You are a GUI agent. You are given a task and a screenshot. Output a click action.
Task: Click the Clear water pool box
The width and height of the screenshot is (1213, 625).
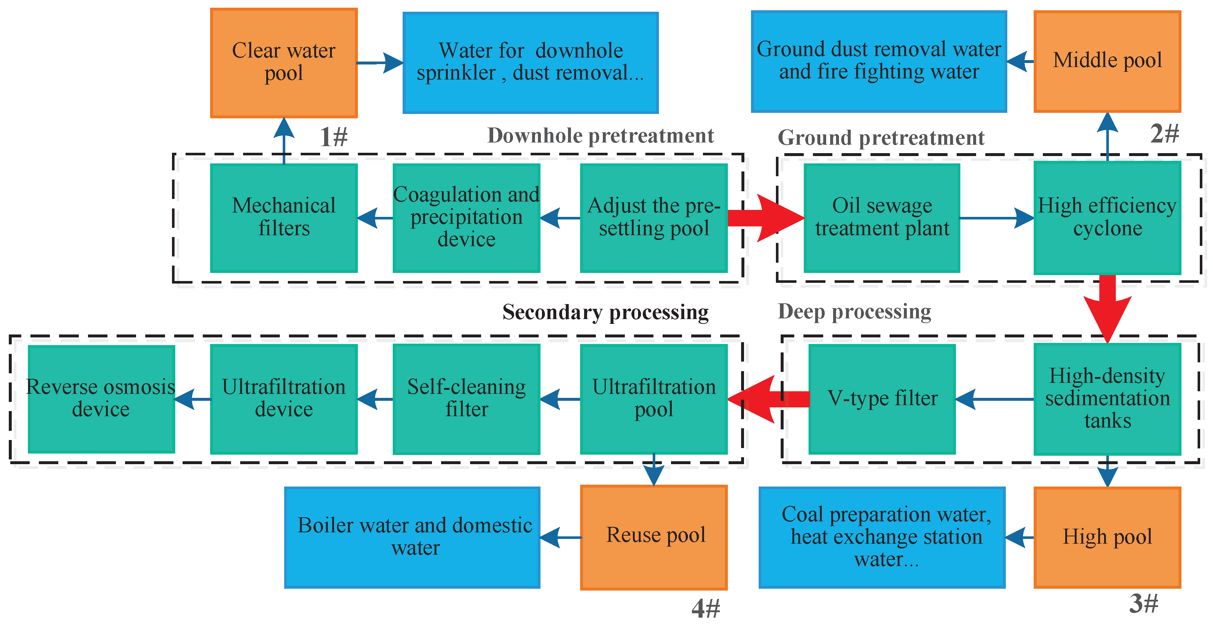283,63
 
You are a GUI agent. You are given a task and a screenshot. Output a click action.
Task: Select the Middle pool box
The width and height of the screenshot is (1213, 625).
1107,62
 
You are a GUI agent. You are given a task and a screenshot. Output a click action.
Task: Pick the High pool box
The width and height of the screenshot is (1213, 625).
1107,537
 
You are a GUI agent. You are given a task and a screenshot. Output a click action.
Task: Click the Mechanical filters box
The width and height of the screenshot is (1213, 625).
283,218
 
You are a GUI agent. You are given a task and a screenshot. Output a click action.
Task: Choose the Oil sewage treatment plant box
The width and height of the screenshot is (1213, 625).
882,218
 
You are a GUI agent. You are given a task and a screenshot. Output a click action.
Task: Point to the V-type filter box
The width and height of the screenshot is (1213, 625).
882,399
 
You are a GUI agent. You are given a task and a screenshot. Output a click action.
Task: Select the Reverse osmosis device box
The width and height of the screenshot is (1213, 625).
101,399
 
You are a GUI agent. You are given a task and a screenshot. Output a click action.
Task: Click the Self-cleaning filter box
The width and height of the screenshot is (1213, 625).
466,399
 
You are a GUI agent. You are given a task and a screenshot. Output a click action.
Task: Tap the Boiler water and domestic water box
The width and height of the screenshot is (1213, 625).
412,537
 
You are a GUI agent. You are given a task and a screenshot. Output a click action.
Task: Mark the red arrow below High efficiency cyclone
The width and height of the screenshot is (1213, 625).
1107,308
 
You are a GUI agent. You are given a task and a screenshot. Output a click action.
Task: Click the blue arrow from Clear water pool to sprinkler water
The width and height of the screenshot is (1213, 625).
380,63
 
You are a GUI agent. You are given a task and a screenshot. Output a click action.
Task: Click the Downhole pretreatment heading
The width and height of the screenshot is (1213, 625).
600,136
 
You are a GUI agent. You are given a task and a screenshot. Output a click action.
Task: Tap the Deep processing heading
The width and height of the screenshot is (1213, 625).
854,311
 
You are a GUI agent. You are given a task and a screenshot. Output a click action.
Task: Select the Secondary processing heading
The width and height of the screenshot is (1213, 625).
605,312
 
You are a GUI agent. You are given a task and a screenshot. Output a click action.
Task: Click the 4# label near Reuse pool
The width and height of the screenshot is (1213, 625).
706,609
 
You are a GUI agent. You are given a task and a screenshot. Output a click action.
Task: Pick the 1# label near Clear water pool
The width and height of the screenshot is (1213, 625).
333,137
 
